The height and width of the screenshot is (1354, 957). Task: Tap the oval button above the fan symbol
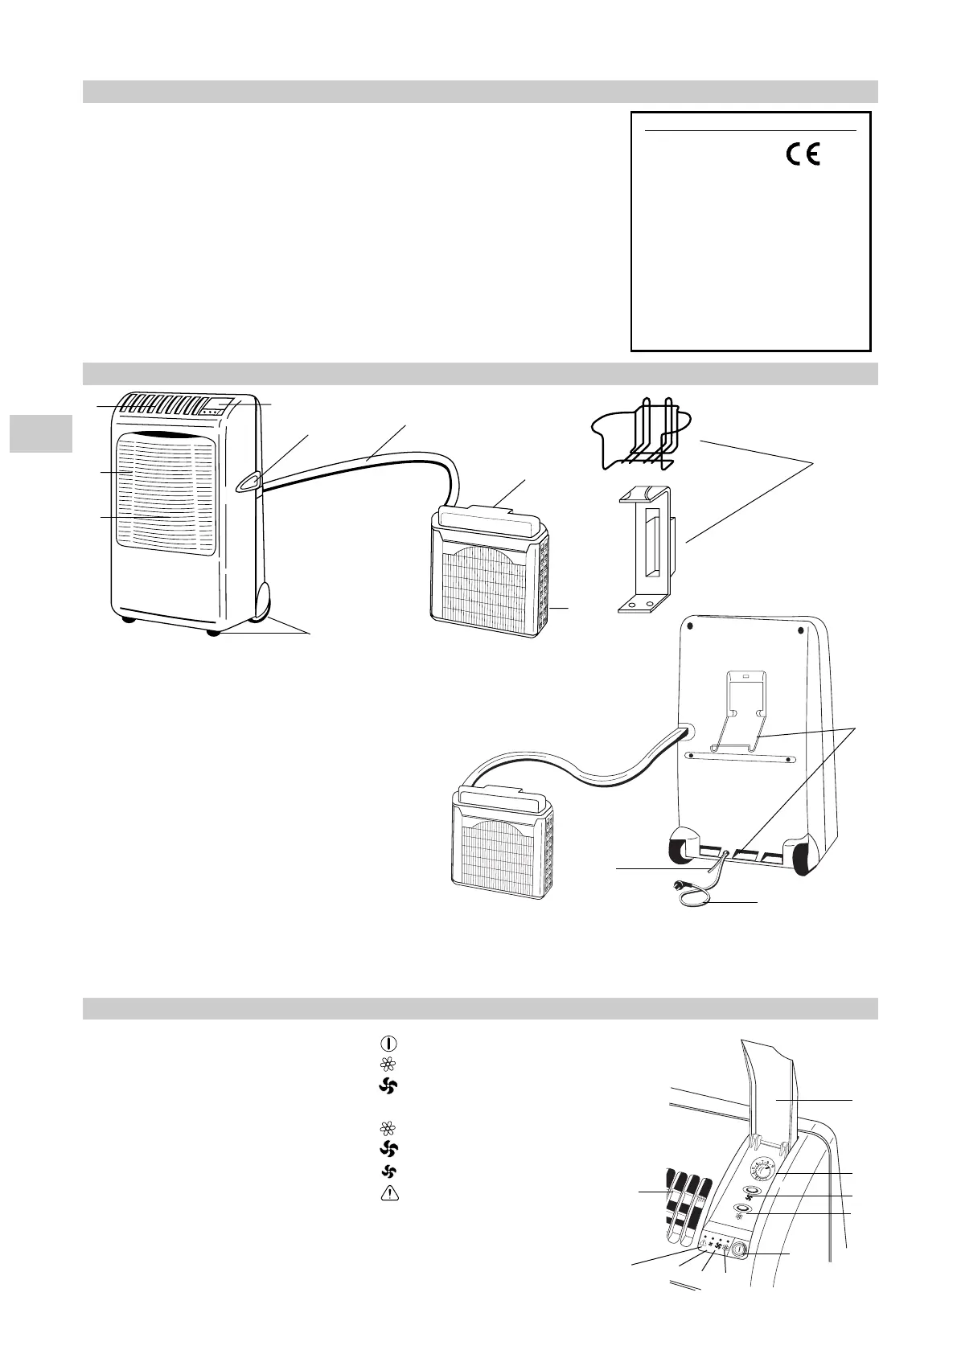(x=753, y=1194)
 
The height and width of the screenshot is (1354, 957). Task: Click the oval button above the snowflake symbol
(x=741, y=1210)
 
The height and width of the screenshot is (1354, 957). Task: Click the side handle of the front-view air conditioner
(x=248, y=482)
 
